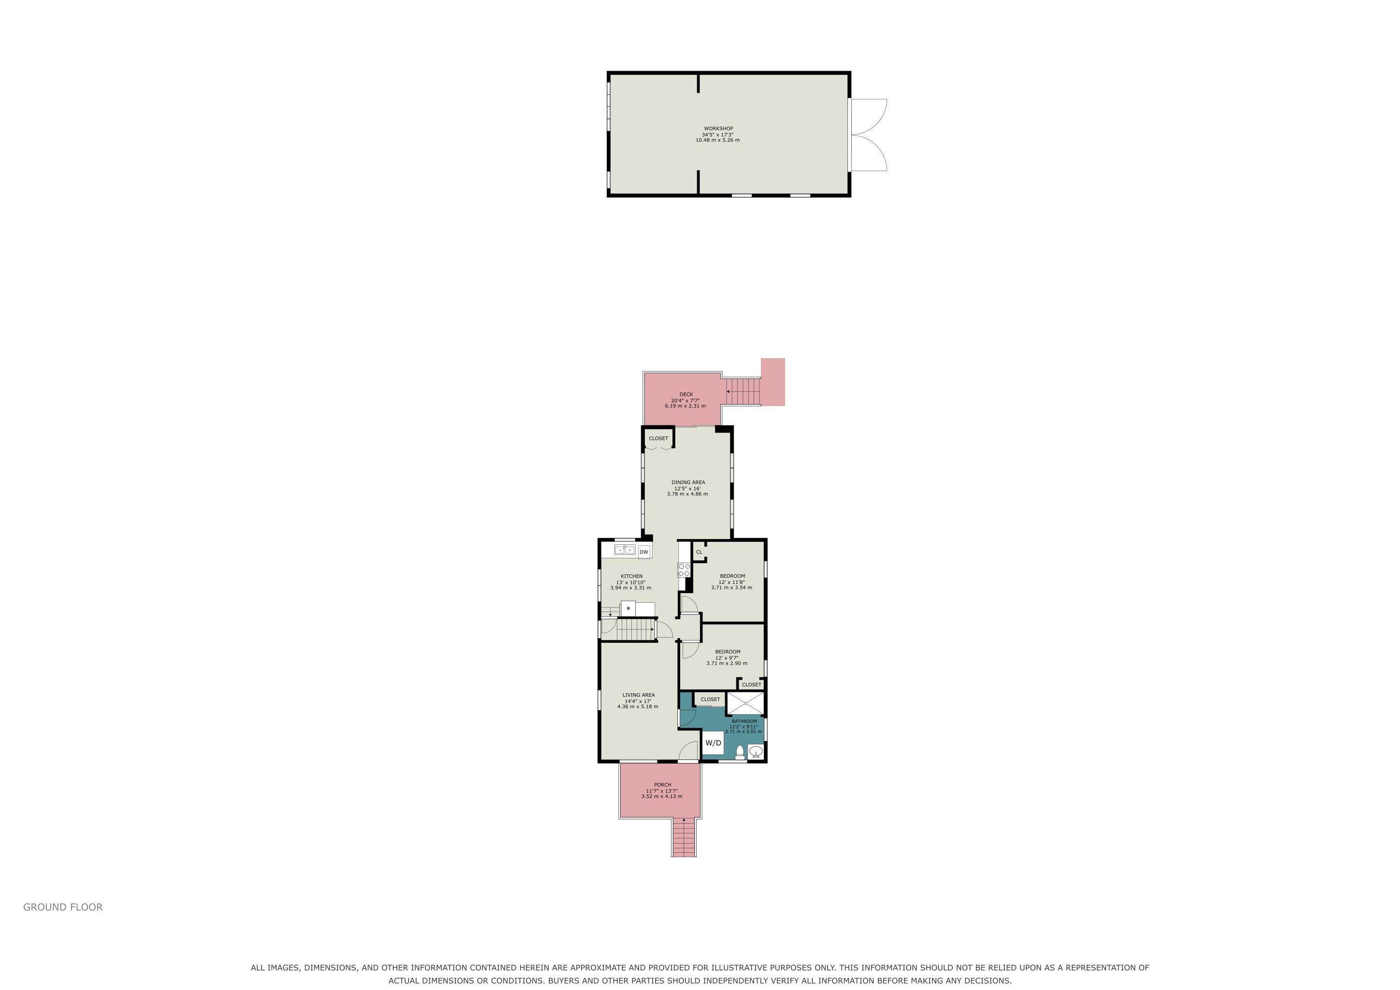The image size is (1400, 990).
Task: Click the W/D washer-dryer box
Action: pos(713,742)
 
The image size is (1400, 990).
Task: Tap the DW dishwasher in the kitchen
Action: pos(644,552)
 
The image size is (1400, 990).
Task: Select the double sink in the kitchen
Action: pos(625,550)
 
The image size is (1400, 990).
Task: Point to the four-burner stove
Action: pos(684,570)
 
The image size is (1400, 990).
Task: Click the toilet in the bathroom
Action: pos(740,753)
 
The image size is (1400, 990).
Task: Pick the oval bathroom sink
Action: pos(756,751)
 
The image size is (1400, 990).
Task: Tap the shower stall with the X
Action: pos(745,703)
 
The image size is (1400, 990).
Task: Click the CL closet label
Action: pos(700,552)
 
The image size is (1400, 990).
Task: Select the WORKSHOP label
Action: pos(718,129)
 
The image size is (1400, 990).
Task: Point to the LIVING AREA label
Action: pos(639,695)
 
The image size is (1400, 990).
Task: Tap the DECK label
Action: pos(686,394)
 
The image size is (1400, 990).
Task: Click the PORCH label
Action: pos(662,785)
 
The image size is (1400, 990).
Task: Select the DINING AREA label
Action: pos(688,482)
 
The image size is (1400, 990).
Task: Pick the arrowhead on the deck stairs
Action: pos(728,392)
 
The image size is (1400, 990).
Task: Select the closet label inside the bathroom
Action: pos(710,699)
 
